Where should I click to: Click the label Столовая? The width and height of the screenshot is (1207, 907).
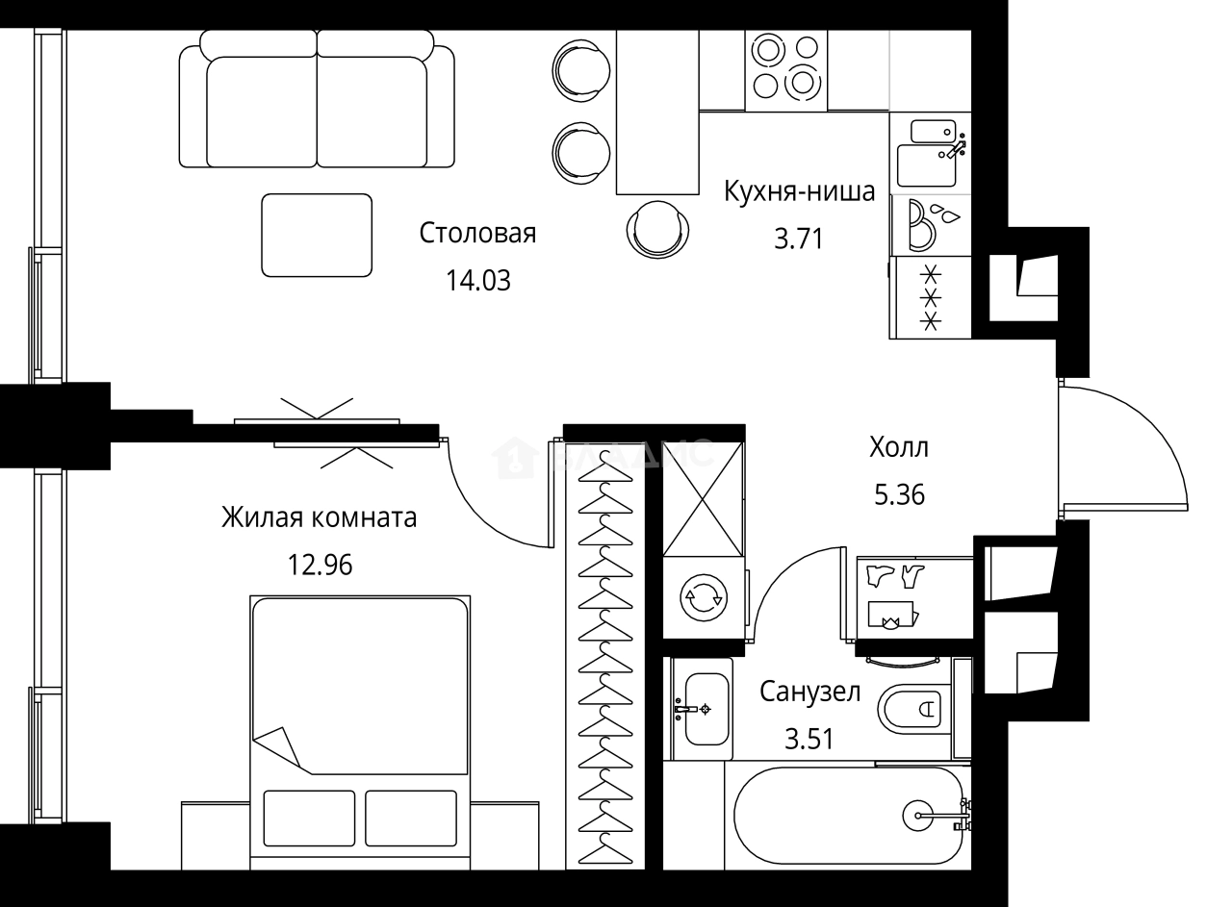477,234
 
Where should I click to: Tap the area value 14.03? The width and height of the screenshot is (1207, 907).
477,281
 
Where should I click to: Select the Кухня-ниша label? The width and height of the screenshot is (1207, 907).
799,192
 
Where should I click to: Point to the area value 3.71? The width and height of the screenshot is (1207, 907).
799,239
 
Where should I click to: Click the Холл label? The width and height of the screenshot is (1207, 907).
899,447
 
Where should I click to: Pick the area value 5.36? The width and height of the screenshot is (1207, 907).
899,494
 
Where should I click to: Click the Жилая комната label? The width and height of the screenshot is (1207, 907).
319,518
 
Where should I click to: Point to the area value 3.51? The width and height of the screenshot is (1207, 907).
809,739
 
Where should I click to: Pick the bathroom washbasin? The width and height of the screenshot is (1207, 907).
706,710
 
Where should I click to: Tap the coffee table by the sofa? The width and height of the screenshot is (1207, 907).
317,235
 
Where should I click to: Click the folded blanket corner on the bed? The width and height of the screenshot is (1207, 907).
281,746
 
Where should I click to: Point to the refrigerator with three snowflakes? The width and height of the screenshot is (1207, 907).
931,297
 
